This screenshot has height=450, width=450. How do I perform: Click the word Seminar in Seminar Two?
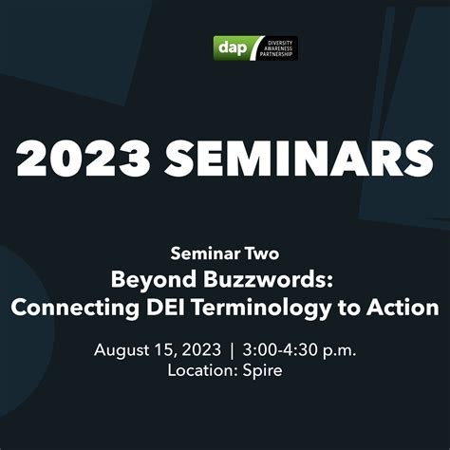(x=202, y=253)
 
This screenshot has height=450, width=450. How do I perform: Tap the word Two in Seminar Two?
(x=261, y=253)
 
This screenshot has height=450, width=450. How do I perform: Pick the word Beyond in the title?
(x=149, y=280)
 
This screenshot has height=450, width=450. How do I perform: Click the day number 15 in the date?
(x=166, y=349)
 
